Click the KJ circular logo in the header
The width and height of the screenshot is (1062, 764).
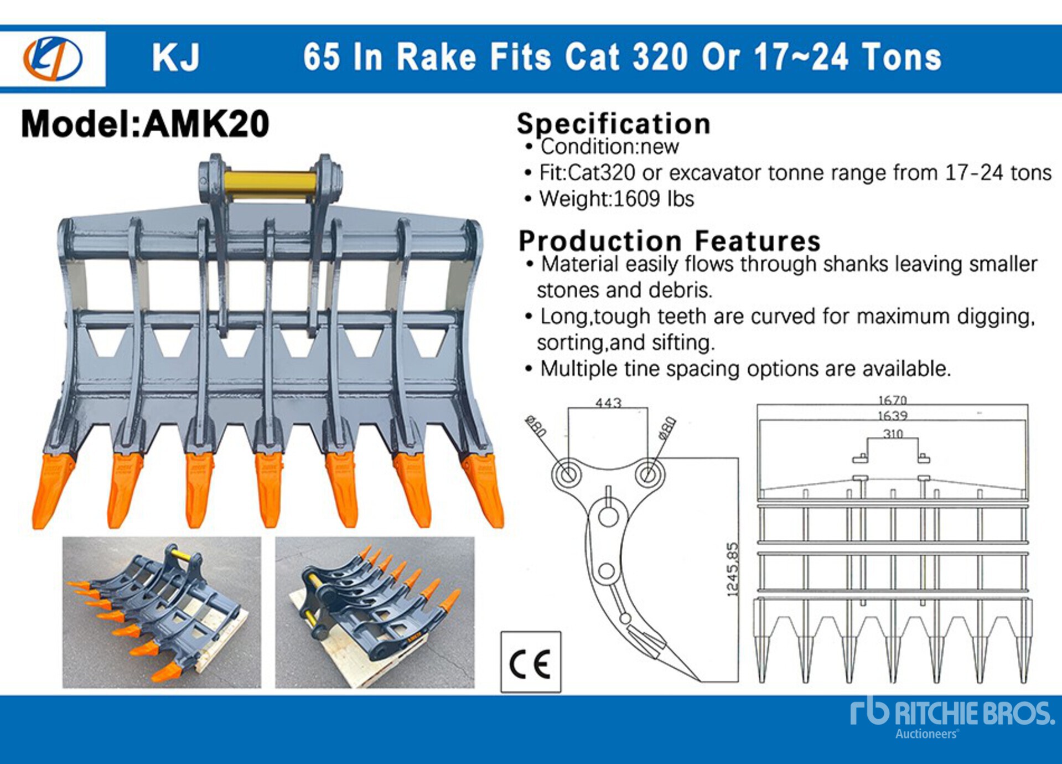[53, 58]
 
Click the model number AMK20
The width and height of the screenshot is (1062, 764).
[206, 123]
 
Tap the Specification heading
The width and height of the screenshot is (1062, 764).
[613, 123]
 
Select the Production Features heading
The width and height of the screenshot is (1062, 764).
[669, 240]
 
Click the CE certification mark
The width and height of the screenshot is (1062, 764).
[530, 662]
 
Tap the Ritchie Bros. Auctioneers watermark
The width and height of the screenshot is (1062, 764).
[952, 717]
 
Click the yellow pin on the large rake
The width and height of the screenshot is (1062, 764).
[271, 187]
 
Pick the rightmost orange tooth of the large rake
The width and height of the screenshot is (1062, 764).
[483, 490]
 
